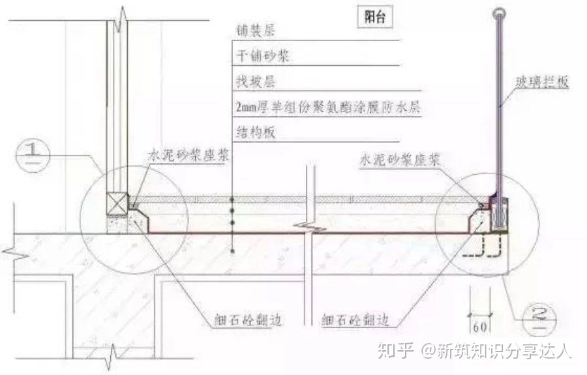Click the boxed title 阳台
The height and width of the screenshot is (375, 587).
click(376, 18)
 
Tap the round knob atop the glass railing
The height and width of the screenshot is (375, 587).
click(499, 12)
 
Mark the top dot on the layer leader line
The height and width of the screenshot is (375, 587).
click(233, 197)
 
